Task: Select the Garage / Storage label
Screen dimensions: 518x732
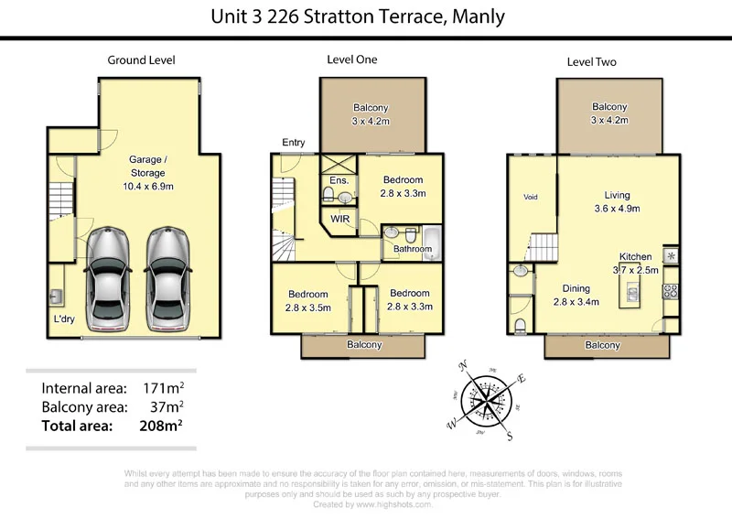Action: pyautogui.click(x=147, y=166)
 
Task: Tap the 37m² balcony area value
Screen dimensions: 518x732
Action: pyautogui.click(x=166, y=406)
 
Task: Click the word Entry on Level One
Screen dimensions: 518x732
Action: pyautogui.click(x=294, y=142)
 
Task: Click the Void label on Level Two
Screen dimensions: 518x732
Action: pyautogui.click(x=531, y=197)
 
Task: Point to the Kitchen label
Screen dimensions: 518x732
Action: pyautogui.click(x=635, y=256)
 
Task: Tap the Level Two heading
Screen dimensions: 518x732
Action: pyautogui.click(x=591, y=62)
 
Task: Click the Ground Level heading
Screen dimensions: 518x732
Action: pyautogui.click(x=141, y=60)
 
